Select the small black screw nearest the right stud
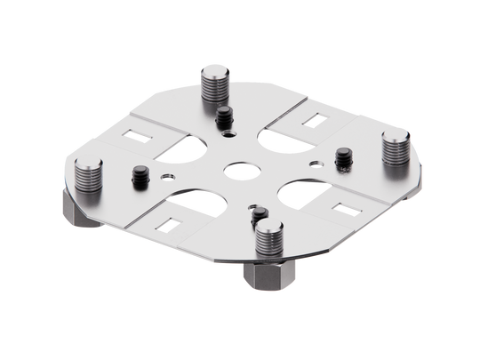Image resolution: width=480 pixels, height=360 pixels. click(x=340, y=158)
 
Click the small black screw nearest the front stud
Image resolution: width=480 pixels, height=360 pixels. click(x=258, y=217)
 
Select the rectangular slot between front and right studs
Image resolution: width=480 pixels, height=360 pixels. click(x=340, y=202)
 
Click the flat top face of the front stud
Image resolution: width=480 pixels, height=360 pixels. click(x=268, y=229)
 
